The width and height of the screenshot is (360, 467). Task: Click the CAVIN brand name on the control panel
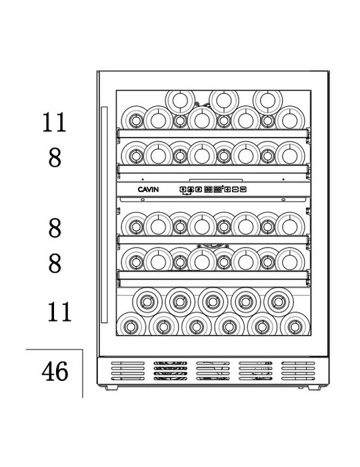(x=148, y=189)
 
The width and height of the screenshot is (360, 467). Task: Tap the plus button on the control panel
(x=227, y=189)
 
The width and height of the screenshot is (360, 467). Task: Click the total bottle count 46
(x=55, y=372)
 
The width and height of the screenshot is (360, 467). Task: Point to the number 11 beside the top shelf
(x=54, y=122)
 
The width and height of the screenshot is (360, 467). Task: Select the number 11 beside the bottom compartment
(x=59, y=312)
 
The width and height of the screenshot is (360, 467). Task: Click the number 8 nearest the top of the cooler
(x=55, y=157)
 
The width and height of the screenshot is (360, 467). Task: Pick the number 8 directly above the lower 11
(x=55, y=264)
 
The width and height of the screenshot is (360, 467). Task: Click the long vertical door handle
(x=104, y=215)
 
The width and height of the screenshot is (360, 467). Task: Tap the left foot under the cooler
(x=111, y=388)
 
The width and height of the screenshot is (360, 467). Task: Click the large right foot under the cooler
(x=314, y=388)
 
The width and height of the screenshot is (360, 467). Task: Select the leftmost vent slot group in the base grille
(x=128, y=371)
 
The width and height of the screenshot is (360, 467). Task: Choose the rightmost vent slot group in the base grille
(x=298, y=371)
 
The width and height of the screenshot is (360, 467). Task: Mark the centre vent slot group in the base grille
(x=213, y=371)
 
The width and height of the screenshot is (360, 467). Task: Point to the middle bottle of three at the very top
(x=224, y=101)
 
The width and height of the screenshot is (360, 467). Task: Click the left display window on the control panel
(x=208, y=189)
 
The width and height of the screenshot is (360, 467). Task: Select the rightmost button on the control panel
(x=243, y=189)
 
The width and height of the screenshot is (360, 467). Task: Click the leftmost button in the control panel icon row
(x=183, y=189)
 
